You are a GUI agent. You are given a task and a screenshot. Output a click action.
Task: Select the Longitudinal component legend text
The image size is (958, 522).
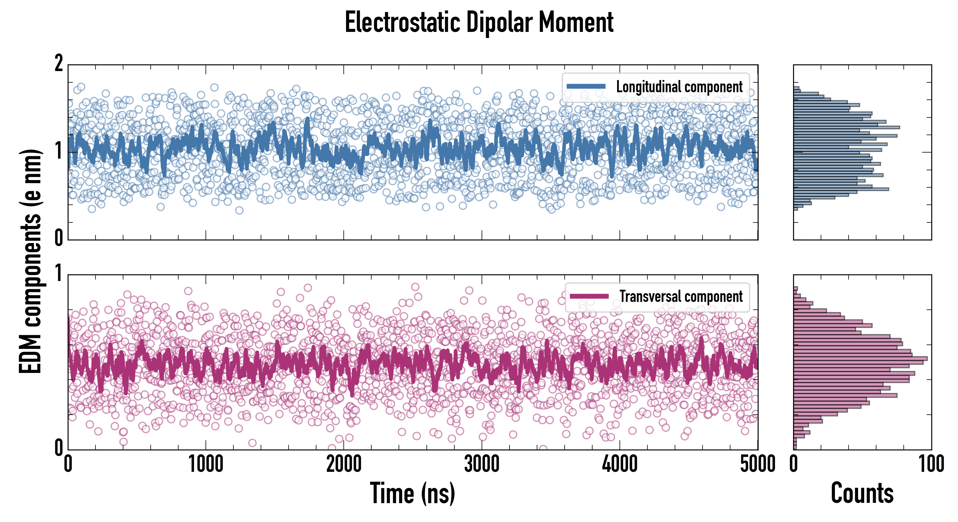click(x=679, y=87)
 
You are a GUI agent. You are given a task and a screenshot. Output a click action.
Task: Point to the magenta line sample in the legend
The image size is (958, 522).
click(x=589, y=296)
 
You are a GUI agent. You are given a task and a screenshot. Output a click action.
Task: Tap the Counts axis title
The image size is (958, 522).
click(x=862, y=493)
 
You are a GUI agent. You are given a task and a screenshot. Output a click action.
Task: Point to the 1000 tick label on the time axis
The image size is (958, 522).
click(x=206, y=464)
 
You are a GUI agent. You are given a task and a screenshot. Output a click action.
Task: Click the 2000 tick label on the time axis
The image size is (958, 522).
click(x=344, y=464)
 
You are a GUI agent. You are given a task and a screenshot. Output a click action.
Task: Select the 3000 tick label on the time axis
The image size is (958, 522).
click(x=482, y=464)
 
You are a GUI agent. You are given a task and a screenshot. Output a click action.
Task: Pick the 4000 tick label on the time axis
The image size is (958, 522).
click(x=620, y=464)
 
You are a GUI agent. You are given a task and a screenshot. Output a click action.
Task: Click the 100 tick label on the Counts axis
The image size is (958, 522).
click(x=931, y=464)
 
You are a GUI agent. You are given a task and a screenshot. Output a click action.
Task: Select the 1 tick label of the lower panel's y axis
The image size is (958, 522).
click(x=59, y=274)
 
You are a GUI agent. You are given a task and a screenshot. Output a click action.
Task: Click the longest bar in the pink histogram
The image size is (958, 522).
click(x=860, y=358)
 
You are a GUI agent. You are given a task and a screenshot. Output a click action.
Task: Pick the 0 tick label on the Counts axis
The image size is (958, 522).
click(x=794, y=464)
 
